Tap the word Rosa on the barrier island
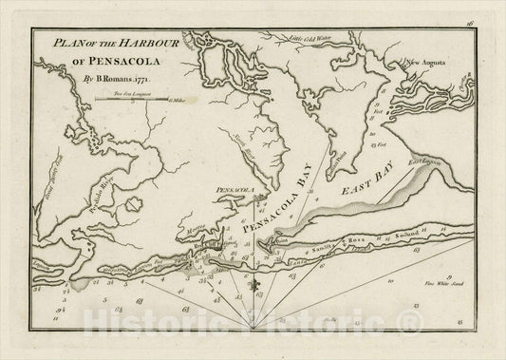362,243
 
